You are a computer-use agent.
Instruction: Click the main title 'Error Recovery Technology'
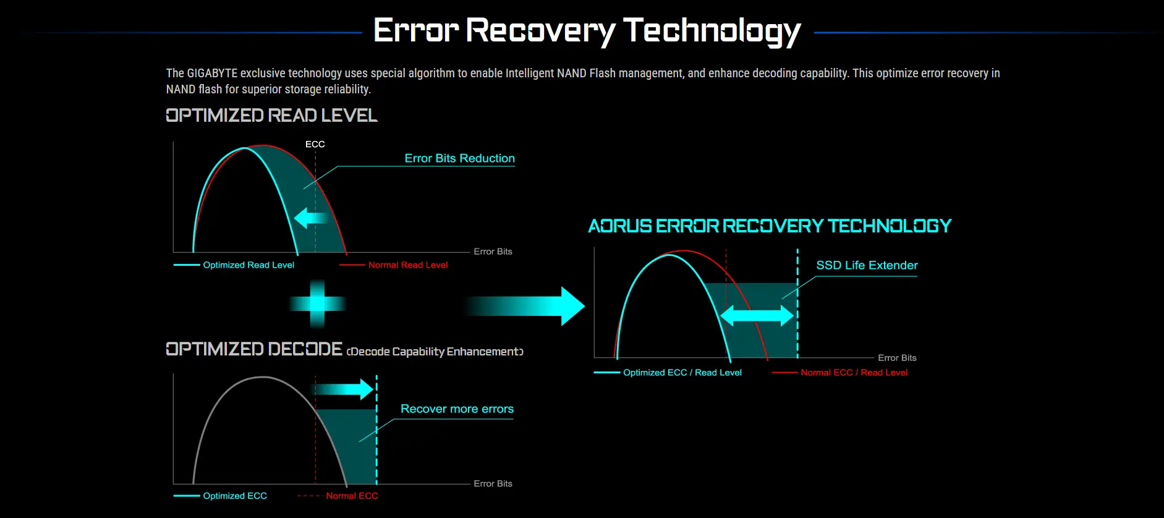click(587, 31)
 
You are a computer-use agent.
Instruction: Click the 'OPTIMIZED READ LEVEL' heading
click(271, 116)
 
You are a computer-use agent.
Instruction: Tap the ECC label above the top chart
click(315, 144)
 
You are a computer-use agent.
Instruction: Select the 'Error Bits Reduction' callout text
click(459, 158)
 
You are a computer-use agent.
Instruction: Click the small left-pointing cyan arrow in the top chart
click(311, 218)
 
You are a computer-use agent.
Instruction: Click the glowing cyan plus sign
click(317, 304)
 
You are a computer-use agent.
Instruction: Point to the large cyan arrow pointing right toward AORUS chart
click(525, 306)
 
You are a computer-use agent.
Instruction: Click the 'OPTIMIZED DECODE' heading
click(254, 349)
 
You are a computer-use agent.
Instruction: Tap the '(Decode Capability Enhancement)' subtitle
click(435, 352)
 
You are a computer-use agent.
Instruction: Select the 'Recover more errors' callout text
click(457, 409)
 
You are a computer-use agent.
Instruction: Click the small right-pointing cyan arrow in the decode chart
click(344, 389)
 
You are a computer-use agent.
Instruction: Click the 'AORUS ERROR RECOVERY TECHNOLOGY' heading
click(770, 226)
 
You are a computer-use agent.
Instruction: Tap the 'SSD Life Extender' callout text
click(867, 265)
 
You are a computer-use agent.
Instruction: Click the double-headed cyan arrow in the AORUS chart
click(757, 316)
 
